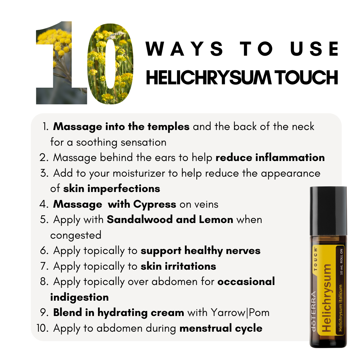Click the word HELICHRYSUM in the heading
coord(208,78)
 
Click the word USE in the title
coord(314,49)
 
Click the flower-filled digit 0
coord(110,64)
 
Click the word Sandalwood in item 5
coord(140,219)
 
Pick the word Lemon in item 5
coord(216,219)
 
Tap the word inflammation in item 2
coord(290,158)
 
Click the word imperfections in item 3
coord(124,189)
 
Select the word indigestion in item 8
coord(79,297)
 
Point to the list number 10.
coord(42,328)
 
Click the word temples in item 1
coord(168,127)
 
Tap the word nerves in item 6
coord(243,251)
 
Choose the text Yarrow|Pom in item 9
coord(240,313)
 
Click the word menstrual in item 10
coord(205,328)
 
